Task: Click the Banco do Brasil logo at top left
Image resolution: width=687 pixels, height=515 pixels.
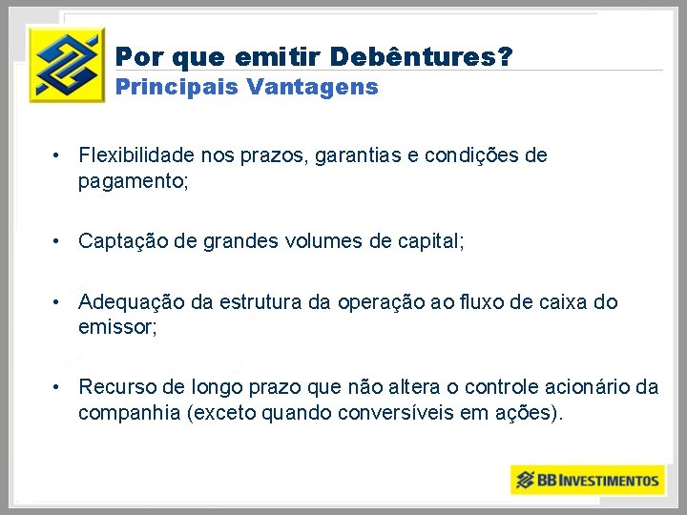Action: tap(65, 64)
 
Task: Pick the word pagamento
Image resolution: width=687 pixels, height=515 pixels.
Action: tap(133, 180)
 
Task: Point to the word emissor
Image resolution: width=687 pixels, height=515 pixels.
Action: tap(116, 327)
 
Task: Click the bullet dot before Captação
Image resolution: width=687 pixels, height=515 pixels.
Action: tap(58, 242)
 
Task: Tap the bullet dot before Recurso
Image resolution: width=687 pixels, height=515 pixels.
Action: tap(58, 388)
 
